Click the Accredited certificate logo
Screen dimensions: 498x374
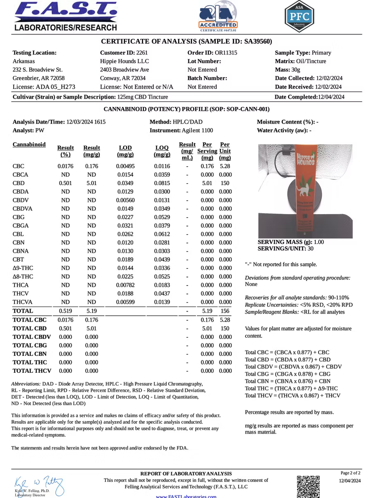(x=218, y=17)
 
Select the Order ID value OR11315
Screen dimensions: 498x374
(x=226, y=53)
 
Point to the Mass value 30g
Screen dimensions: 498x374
(x=295, y=70)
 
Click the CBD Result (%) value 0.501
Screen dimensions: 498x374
(x=65, y=183)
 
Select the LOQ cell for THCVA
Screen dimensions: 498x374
(x=162, y=302)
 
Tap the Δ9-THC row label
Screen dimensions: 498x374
(x=23, y=268)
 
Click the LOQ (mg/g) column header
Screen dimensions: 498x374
(x=162, y=151)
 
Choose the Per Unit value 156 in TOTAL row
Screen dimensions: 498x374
(x=225, y=311)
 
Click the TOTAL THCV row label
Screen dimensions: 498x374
(x=32, y=371)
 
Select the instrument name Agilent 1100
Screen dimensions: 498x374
(x=197, y=131)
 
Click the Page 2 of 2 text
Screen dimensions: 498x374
(x=350, y=473)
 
